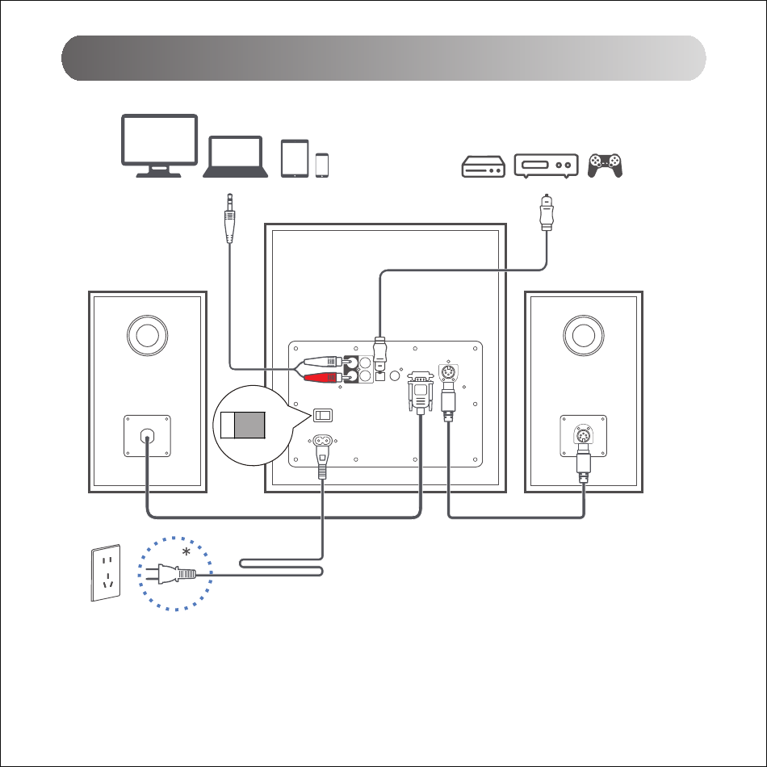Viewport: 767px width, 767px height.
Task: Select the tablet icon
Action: click(x=295, y=158)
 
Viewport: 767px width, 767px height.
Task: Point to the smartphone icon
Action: click(x=322, y=165)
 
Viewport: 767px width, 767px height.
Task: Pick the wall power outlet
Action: click(x=107, y=572)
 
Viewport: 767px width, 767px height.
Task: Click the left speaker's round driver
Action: click(x=148, y=333)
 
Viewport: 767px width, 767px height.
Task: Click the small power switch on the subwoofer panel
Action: click(x=323, y=415)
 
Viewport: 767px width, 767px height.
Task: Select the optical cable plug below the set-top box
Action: click(x=547, y=212)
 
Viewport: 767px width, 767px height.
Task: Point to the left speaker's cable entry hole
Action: click(x=147, y=436)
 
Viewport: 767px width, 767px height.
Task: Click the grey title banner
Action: click(x=383, y=58)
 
